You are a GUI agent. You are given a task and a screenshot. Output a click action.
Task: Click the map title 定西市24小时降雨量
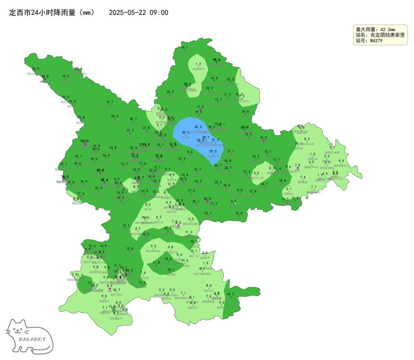[x=52, y=13]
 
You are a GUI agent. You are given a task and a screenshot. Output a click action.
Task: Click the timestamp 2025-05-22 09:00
[x=139, y=13]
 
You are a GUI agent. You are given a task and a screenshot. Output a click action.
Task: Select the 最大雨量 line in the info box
[x=375, y=29]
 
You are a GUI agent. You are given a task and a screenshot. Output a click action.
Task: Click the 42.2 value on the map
[x=198, y=127]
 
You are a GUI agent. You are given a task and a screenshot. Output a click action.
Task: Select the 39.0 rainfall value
[x=185, y=133]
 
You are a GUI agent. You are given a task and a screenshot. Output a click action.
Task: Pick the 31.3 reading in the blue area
[x=215, y=140]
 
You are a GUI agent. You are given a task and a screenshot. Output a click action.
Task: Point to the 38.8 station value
[x=201, y=140]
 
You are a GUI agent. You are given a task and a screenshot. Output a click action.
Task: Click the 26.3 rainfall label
[x=170, y=92]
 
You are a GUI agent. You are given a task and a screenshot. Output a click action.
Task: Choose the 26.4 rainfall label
[x=115, y=116]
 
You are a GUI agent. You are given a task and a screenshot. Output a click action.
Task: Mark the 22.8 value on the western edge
[x=81, y=117]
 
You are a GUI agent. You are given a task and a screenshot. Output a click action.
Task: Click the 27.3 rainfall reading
[x=182, y=158]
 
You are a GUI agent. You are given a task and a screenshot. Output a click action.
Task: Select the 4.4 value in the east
[x=341, y=161]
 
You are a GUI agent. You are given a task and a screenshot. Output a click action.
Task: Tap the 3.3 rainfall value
[x=153, y=246]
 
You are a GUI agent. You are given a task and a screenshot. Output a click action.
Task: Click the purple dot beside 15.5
[x=264, y=140]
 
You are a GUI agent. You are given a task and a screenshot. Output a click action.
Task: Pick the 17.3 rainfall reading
[x=247, y=172]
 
